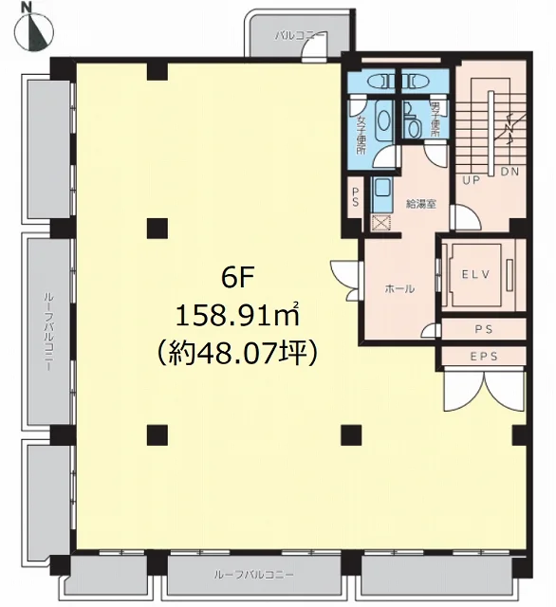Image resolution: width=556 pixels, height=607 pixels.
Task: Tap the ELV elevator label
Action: pyautogui.click(x=476, y=274)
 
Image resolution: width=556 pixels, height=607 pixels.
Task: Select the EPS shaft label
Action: pyautogui.click(x=484, y=357)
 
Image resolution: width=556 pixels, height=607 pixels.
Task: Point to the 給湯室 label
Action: pyautogui.click(x=421, y=204)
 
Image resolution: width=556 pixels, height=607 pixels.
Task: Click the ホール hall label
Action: pyautogui.click(x=399, y=288)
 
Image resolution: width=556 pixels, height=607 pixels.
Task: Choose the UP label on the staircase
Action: pyautogui.click(x=472, y=179)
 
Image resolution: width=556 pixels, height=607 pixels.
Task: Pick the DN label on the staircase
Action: pyautogui.click(x=510, y=172)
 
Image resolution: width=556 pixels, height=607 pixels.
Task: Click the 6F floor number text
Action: pyautogui.click(x=237, y=278)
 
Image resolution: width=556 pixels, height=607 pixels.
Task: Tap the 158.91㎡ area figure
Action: pyautogui.click(x=238, y=315)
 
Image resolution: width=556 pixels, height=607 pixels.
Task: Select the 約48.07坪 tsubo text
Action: pyautogui.click(x=237, y=353)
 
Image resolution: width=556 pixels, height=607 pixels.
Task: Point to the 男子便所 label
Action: pyautogui.click(x=435, y=119)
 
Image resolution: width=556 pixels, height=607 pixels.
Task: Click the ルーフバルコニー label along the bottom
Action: pyautogui.click(x=254, y=575)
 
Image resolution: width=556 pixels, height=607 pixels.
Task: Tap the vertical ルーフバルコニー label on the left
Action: pyautogui.click(x=47, y=332)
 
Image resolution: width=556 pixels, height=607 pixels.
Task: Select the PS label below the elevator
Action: pyautogui.click(x=484, y=329)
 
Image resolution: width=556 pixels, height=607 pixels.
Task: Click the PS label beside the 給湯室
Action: pyautogui.click(x=356, y=197)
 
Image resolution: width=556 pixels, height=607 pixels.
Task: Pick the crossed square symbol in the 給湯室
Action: pyautogui.click(x=381, y=224)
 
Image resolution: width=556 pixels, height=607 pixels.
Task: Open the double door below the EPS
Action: pyautogui.click(x=484, y=390)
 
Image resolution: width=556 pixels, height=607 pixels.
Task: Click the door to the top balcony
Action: pyautogui.click(x=315, y=49)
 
